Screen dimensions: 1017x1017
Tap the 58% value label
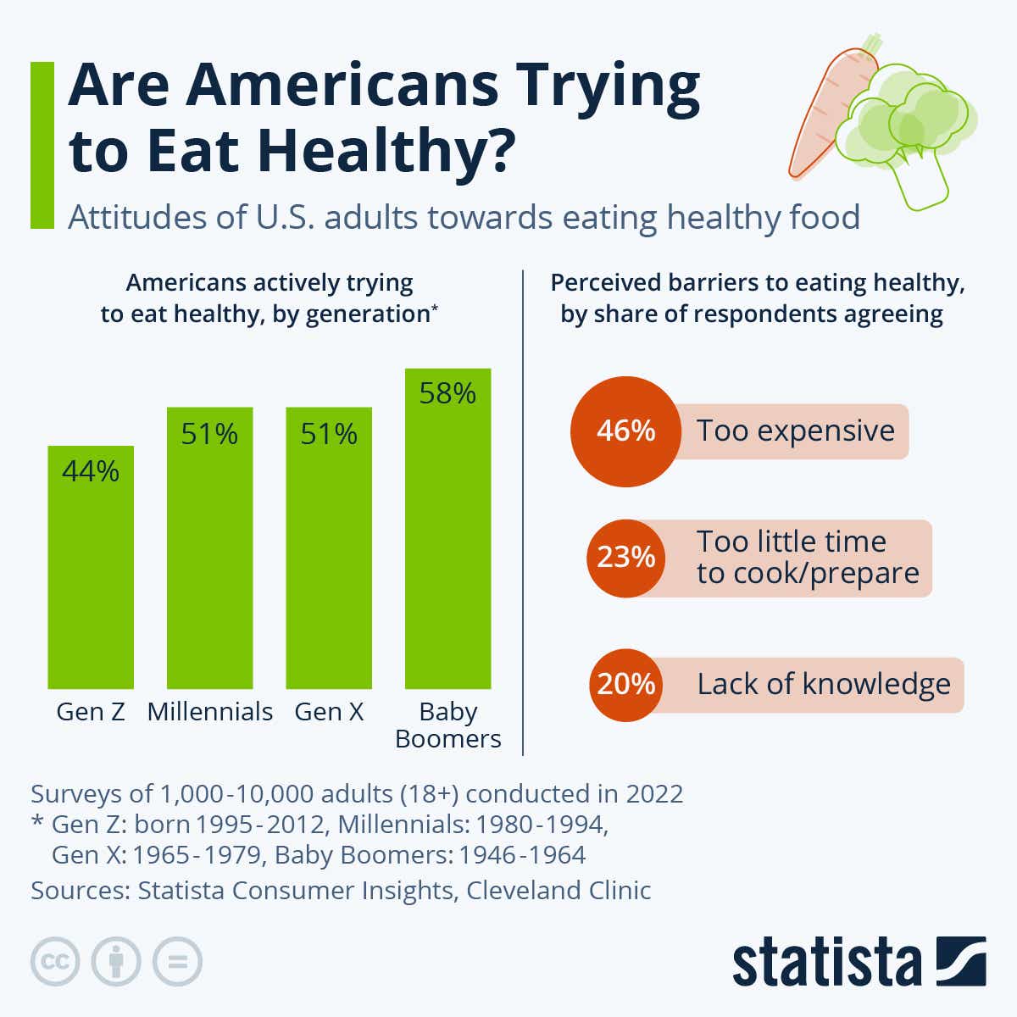[447, 393]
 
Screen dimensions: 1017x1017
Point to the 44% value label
[91, 471]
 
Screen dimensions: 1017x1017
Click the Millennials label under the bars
[210, 711]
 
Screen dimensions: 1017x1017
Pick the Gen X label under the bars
[329, 711]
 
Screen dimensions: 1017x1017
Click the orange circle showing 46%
[625, 431]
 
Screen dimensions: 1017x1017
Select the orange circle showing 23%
[625, 558]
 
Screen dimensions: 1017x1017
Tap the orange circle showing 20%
[625, 684]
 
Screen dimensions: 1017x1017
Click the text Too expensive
[795, 431]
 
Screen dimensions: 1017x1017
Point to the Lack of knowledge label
[823, 684]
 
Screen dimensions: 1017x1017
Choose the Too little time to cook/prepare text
[807, 558]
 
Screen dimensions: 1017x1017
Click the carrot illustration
[822, 110]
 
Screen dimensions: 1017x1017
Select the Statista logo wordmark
[826, 964]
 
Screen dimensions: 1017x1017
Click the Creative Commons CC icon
[55, 962]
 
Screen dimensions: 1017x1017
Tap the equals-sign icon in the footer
[177, 962]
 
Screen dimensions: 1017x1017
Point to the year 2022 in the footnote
[654, 794]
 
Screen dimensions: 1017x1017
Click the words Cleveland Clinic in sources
[559, 891]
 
